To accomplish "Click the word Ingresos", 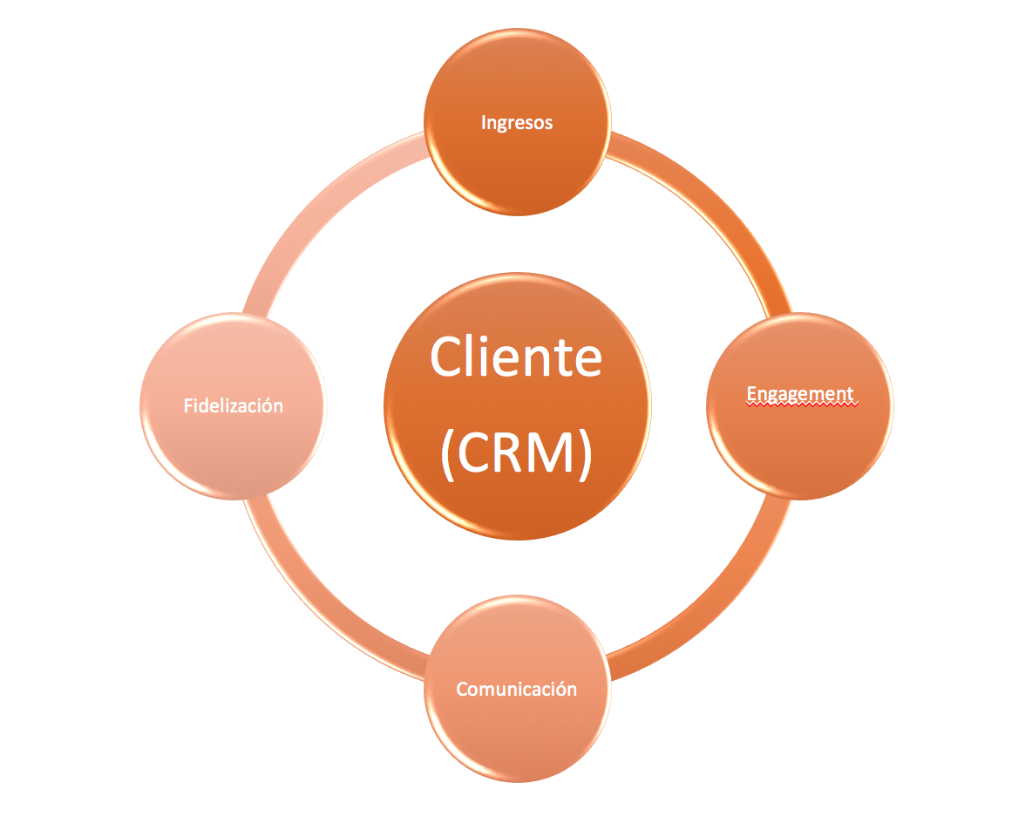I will pos(516,123).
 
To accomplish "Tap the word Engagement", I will pos(800,394).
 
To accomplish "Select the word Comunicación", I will pos(516,689).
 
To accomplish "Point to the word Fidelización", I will pos(233,405).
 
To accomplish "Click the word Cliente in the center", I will pos(516,357).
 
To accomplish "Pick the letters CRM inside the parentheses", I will pos(516,453).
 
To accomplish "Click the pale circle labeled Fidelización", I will pos(233,453).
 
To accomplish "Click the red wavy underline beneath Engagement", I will pos(800,405).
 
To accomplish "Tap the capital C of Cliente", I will pos(448,357).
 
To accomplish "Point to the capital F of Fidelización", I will pos(188,405).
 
